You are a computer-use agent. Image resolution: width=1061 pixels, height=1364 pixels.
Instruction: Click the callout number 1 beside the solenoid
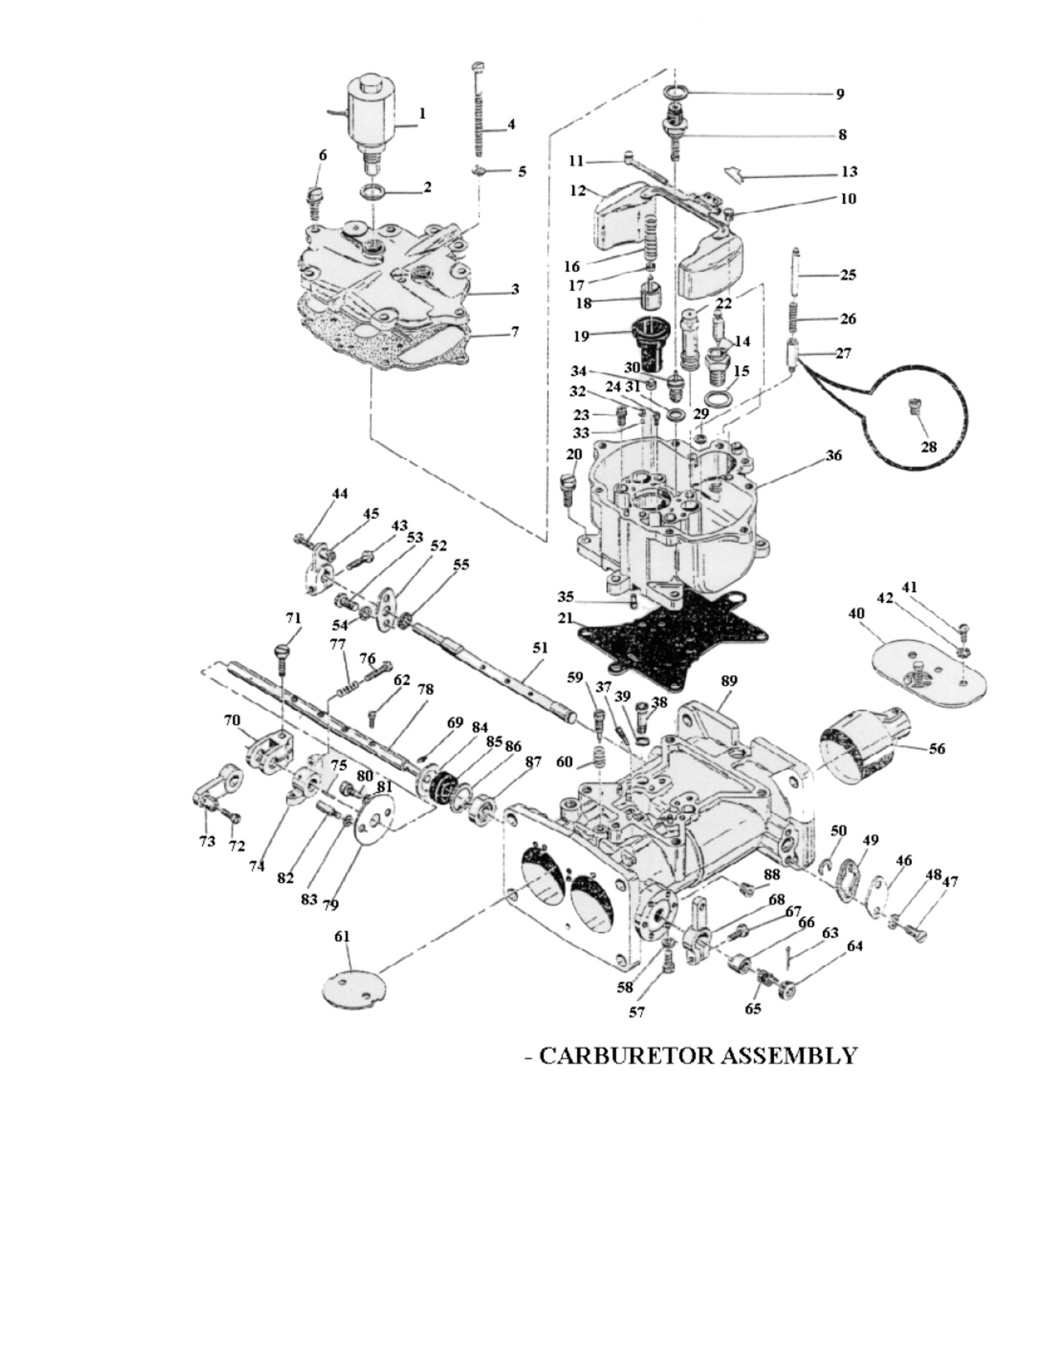click(422, 114)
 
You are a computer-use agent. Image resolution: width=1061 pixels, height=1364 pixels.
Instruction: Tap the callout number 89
click(728, 681)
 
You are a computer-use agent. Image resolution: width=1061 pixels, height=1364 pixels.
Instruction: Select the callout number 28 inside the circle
click(928, 447)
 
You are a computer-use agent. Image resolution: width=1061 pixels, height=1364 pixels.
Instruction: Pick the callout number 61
click(342, 937)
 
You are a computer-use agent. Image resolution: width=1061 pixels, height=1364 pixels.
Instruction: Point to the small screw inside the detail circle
click(914, 406)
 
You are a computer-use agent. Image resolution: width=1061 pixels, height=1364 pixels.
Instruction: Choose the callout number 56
click(937, 748)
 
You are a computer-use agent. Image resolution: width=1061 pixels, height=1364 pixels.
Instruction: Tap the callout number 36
click(833, 455)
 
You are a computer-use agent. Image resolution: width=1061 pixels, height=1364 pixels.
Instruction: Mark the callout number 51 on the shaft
click(540, 648)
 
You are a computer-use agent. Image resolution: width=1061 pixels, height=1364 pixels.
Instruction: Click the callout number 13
click(849, 172)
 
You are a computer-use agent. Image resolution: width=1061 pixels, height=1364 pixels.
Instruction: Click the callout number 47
click(949, 881)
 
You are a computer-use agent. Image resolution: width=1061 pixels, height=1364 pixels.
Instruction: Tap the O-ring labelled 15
click(723, 397)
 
